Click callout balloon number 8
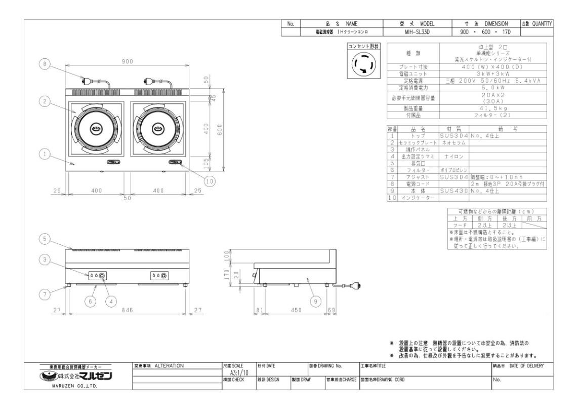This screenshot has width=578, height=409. click(45, 64)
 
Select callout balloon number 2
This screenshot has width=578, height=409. click(45, 102)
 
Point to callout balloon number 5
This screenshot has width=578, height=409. click(45, 238)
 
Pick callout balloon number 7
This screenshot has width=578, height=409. click(45, 293)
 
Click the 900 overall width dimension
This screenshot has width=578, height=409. click(127, 62)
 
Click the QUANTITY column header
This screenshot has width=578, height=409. click(536, 24)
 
